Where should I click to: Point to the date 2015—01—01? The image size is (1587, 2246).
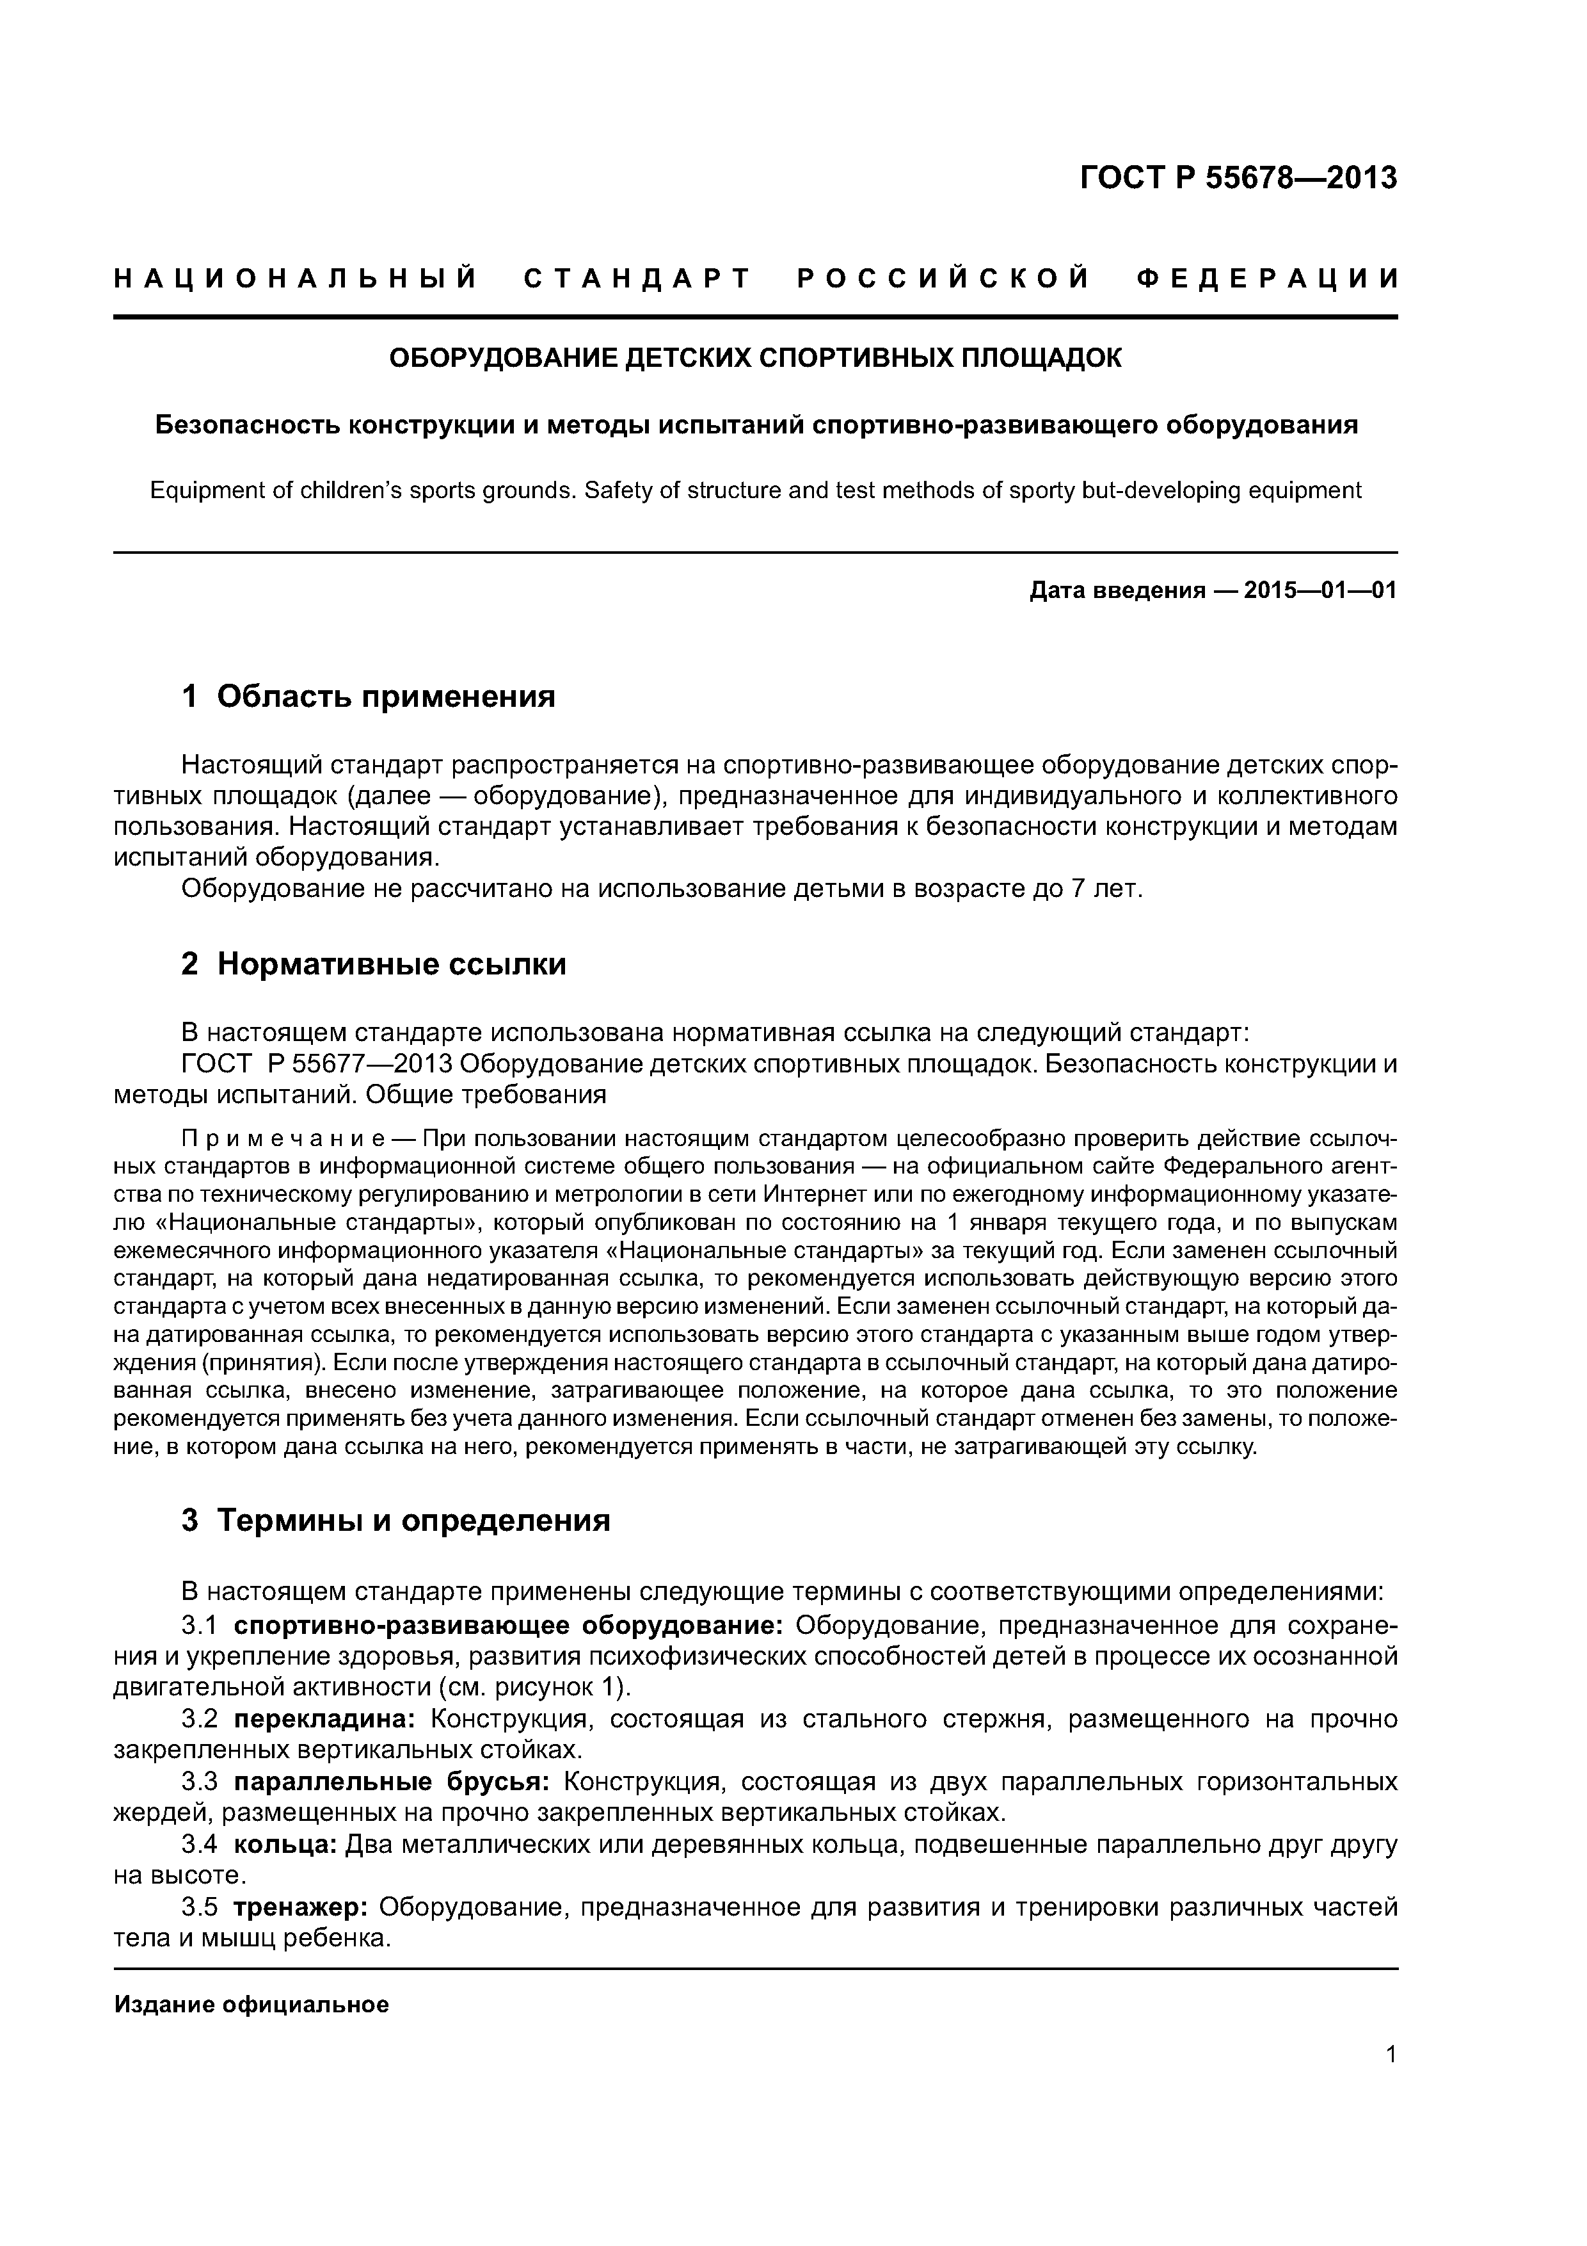click(1320, 591)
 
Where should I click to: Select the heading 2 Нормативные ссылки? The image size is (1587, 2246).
click(374, 964)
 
